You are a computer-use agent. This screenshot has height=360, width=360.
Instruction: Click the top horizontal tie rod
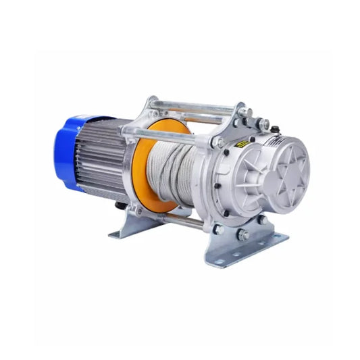pyautogui.click(x=196, y=105)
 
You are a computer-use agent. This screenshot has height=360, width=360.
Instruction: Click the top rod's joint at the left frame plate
pyautogui.click(x=153, y=103)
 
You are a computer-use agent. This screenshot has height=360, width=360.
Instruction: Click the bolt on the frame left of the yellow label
pyautogui.click(x=219, y=143)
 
